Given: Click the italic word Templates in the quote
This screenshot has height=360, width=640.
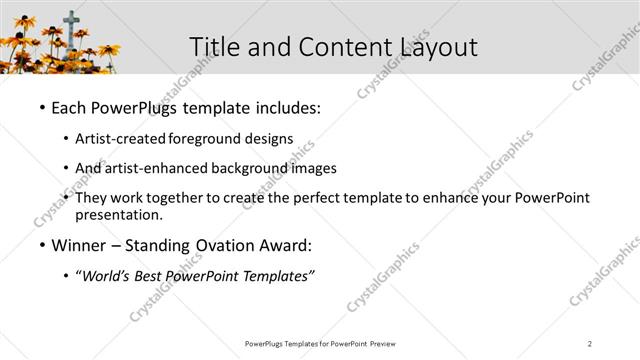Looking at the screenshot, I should click(276, 277).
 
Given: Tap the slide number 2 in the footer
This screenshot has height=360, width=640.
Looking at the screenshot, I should click(590, 344).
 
